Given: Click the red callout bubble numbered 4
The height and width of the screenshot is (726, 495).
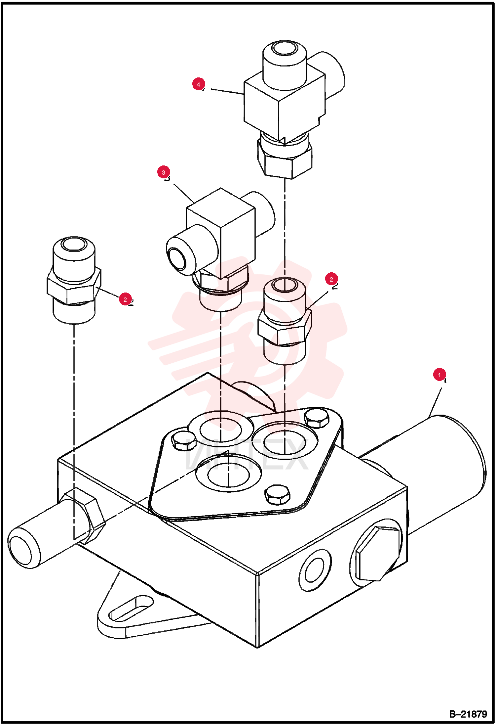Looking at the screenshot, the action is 199,84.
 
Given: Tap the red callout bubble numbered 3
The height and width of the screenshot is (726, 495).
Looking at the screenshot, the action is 164,172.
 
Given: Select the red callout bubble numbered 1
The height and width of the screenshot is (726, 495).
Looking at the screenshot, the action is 439,375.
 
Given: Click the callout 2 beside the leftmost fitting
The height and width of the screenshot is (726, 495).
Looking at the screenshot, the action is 125,299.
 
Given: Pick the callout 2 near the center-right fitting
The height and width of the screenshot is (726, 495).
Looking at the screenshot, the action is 331,279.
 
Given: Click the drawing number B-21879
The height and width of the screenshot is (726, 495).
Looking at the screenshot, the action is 468,714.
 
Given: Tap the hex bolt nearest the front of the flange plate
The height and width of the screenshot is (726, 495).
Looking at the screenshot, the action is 278,494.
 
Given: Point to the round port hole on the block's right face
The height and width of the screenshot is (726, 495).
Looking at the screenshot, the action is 315,570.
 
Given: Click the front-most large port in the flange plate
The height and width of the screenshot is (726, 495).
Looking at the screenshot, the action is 228,474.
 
